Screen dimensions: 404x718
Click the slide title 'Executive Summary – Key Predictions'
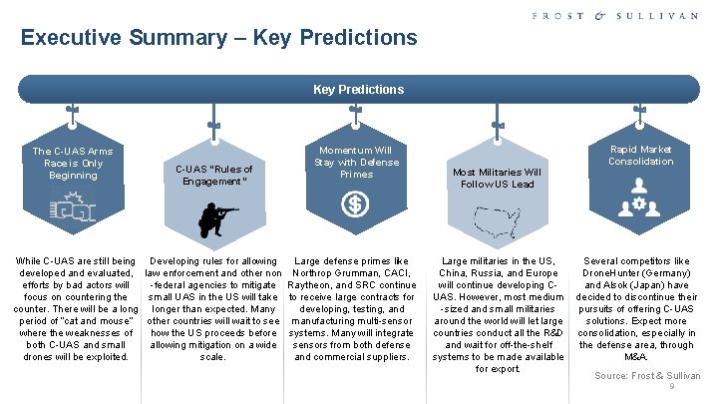218,39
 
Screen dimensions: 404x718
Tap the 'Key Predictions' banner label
358,90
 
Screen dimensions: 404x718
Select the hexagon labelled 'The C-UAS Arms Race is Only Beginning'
73,163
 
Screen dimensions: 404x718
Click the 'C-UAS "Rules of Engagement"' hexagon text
214,176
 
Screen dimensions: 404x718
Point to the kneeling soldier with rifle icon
214,217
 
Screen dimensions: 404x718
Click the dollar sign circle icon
356,205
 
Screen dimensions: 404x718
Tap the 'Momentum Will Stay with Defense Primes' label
356,162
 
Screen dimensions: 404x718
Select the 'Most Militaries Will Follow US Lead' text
497,178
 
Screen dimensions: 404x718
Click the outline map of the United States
496,222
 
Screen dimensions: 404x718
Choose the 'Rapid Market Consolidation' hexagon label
640,156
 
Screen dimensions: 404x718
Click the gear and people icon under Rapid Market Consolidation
640,204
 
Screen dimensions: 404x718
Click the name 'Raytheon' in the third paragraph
317,285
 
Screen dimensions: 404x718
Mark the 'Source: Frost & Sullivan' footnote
647,376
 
